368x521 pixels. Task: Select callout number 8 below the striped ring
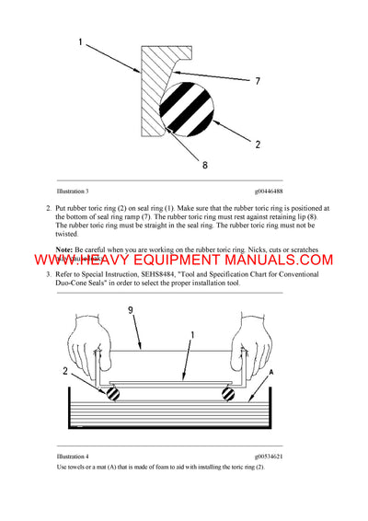click(203, 166)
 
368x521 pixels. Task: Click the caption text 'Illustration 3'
click(72, 191)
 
